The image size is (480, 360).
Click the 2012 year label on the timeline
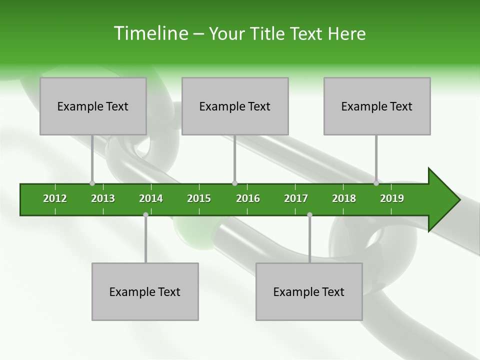[x=55, y=198]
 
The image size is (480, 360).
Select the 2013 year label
[x=103, y=198]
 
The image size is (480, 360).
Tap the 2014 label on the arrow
[x=151, y=198]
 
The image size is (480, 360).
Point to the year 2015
[x=199, y=198]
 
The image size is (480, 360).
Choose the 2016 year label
[x=248, y=198]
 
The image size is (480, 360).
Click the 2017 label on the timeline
[x=296, y=198]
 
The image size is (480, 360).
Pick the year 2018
[x=344, y=198]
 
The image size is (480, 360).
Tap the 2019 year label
[x=392, y=198]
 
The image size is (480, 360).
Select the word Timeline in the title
[x=150, y=33]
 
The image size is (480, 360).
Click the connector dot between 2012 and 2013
[x=92, y=183]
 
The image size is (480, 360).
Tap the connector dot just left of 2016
[x=234, y=183]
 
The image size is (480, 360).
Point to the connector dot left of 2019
[x=376, y=183]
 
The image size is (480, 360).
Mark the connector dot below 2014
[x=145, y=214]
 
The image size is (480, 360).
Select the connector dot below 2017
[x=309, y=214]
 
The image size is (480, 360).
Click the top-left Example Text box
[x=93, y=106]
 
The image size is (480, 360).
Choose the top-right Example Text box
[x=377, y=106]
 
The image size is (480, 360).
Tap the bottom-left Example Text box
[x=145, y=291]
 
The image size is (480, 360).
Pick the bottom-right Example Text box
[x=309, y=291]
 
